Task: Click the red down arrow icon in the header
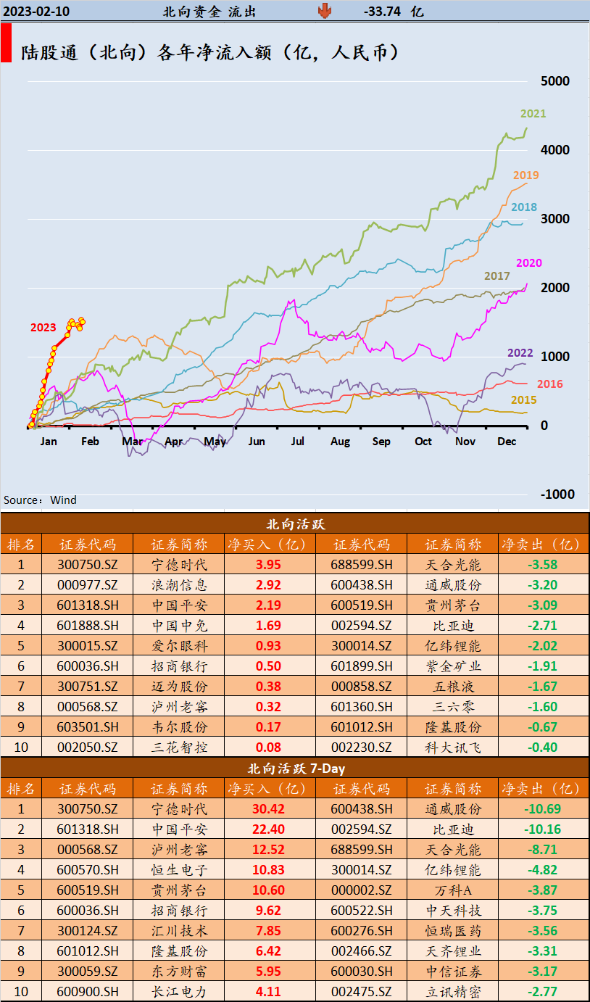pyautogui.click(x=324, y=11)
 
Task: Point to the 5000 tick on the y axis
pyautogui.click(x=555, y=80)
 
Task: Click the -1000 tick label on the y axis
pyautogui.click(x=557, y=494)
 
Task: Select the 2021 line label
pyautogui.click(x=533, y=114)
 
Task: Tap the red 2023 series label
pyautogui.click(x=43, y=328)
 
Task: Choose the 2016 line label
pyautogui.click(x=549, y=384)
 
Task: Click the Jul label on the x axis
pyautogui.click(x=297, y=442)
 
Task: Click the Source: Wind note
pyautogui.click(x=40, y=500)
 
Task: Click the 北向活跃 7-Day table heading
pyautogui.click(x=295, y=768)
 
